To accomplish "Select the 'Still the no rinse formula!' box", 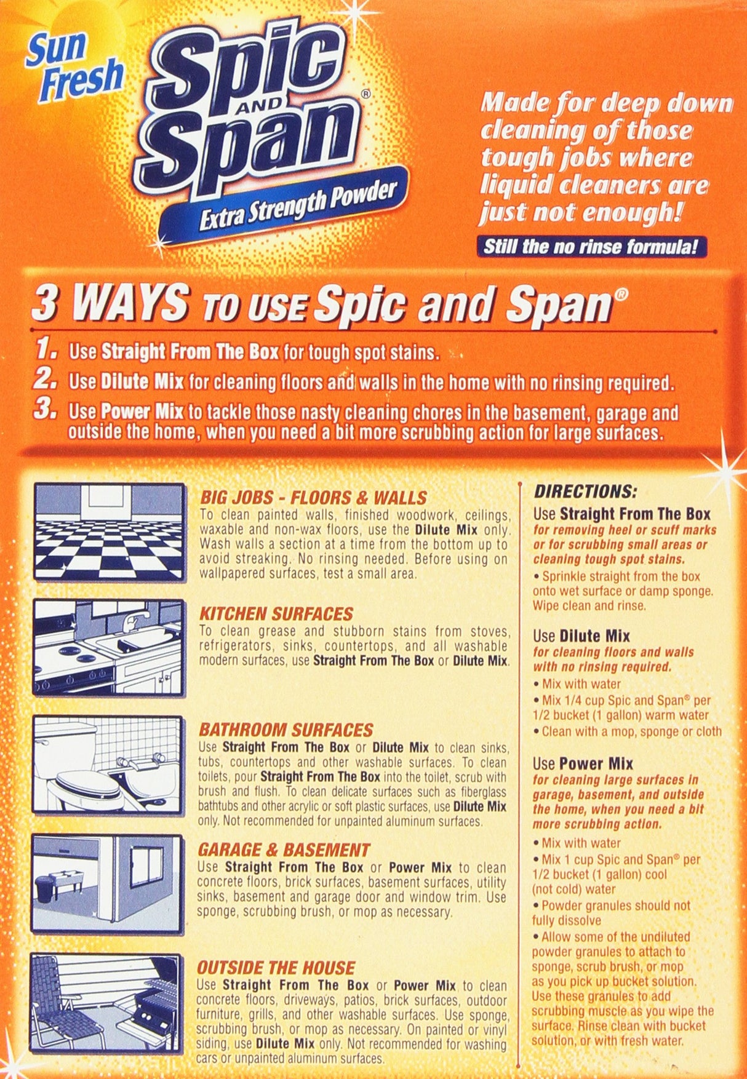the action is [591, 247].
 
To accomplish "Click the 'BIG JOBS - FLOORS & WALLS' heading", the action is [313, 497].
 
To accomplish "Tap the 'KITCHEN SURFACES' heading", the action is [276, 613].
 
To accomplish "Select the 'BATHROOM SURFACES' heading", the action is [286, 730].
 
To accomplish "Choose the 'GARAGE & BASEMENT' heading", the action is [284, 850].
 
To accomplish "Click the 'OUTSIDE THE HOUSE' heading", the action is [276, 967].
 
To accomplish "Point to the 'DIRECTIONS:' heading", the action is [585, 492].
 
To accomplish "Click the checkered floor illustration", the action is [109, 533].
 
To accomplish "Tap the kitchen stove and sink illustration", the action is [109, 648].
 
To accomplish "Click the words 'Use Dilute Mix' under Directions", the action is [581, 635].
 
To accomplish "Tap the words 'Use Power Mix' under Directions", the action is [583, 763].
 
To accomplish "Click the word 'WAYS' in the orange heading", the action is [129, 302].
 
